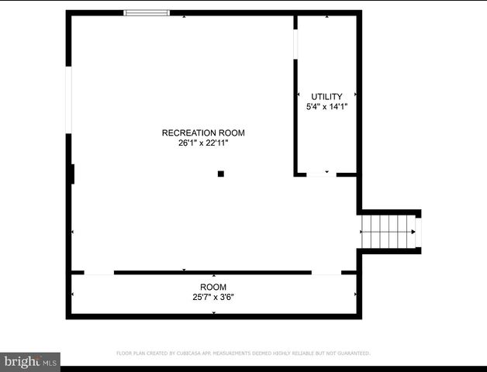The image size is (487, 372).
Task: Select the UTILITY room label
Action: [326, 97]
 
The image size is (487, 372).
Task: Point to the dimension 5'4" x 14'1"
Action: [326, 107]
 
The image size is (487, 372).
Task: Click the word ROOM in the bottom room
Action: [213, 287]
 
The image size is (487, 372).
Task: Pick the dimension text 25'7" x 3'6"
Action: [213, 297]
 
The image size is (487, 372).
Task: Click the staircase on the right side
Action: [388, 232]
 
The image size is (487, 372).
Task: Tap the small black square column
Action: [221, 174]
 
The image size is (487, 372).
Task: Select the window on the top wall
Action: [147, 13]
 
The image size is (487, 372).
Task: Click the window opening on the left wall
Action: [69, 102]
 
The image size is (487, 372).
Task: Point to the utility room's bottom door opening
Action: [321, 175]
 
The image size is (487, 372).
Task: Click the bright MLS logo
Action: [30, 361]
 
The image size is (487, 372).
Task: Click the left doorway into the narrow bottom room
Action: [98, 273]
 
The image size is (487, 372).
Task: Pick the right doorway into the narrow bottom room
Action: [326, 273]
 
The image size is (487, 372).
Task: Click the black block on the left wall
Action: [72, 174]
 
